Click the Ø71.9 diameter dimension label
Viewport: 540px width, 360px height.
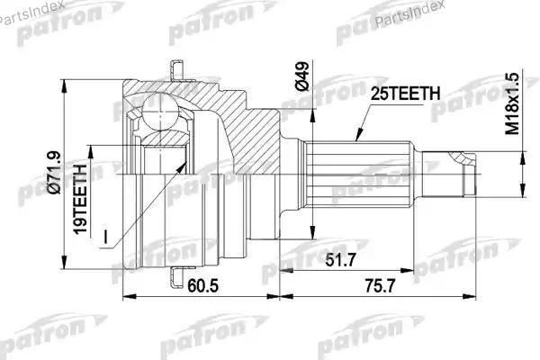[x=56, y=173]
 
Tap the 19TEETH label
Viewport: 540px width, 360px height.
[x=80, y=200]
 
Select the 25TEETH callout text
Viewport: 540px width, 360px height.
[x=405, y=94]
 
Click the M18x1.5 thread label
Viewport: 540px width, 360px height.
[x=512, y=103]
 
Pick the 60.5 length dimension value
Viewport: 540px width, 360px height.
[x=202, y=285]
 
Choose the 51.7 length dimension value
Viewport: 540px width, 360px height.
[x=340, y=260]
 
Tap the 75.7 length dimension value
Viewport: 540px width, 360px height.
[x=380, y=285]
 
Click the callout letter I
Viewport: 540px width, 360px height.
[x=105, y=237]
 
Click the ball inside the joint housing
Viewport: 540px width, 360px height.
[x=160, y=112]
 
